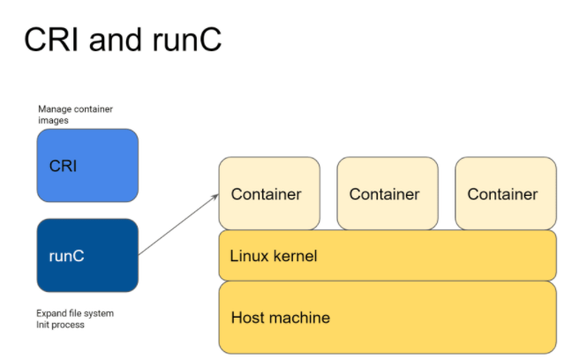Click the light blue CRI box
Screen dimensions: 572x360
pos(87,165)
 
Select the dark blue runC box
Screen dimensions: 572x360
pos(87,255)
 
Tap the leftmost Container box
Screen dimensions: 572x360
pos(269,193)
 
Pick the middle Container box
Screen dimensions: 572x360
pos(388,193)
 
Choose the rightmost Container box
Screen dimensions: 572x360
pos(506,193)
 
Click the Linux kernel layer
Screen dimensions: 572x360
pos(388,255)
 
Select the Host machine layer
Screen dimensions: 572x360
pos(388,318)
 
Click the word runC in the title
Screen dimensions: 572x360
pos(187,40)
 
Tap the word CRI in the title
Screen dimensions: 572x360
pos(51,40)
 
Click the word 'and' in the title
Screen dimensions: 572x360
pos(116,40)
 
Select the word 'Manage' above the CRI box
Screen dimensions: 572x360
pos(51,109)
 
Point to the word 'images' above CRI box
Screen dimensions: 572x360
pos(53,120)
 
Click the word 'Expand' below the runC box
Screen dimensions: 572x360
pos(49,313)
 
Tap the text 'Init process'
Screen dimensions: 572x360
pos(60,325)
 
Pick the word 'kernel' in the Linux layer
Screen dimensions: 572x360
pos(295,256)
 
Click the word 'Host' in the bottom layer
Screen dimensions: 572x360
pos(245,318)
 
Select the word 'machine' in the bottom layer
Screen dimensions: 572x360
pos(297,318)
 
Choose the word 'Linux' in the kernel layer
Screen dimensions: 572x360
pos(250,256)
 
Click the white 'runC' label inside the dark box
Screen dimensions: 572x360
pos(66,256)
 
